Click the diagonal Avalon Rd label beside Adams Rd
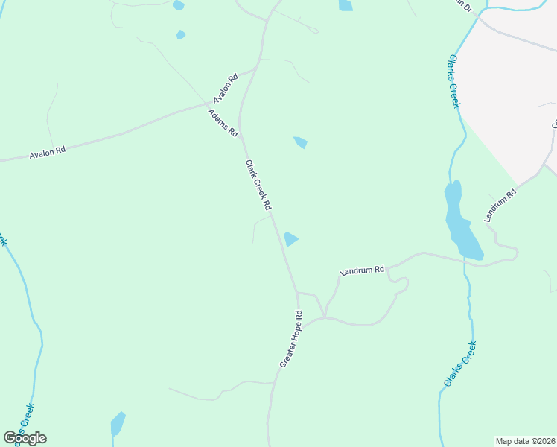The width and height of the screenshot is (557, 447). click(224, 88)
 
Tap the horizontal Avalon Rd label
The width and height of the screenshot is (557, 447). click(48, 150)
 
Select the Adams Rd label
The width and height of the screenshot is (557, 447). click(223, 123)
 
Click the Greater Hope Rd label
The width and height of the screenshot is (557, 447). click(291, 338)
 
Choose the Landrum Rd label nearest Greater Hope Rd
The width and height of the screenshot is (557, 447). click(362, 270)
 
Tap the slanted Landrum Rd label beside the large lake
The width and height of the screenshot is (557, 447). click(500, 206)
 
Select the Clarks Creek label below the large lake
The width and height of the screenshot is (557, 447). click(459, 363)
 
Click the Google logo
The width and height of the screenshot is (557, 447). click(25, 438)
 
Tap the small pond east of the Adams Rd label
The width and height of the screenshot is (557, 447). click(301, 142)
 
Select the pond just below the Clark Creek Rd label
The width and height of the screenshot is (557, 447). click(290, 238)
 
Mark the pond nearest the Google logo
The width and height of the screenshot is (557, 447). click(117, 424)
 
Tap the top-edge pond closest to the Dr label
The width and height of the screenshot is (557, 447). click(346, 5)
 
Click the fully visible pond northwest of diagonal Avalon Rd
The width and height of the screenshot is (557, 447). click(181, 34)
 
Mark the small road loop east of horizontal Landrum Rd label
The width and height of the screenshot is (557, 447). click(401, 284)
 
